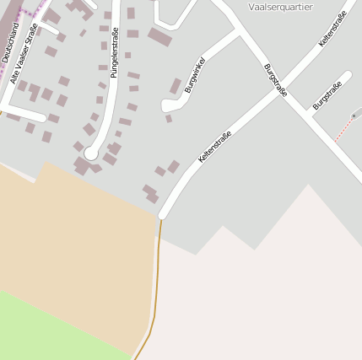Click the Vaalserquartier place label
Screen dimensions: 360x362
pos(281,7)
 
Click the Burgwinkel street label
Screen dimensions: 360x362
pos(194,77)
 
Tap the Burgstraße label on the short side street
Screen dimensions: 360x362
pos(327,95)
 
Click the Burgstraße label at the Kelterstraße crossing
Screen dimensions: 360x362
pos(275,80)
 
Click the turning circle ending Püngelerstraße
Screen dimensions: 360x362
pos(91,154)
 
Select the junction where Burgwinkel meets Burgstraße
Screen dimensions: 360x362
pos(238,31)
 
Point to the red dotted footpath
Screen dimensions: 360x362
pos(344,128)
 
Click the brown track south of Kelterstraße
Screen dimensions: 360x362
pos(157,278)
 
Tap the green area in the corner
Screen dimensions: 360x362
pos(42,329)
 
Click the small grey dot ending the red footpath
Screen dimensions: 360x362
pos(354,116)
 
